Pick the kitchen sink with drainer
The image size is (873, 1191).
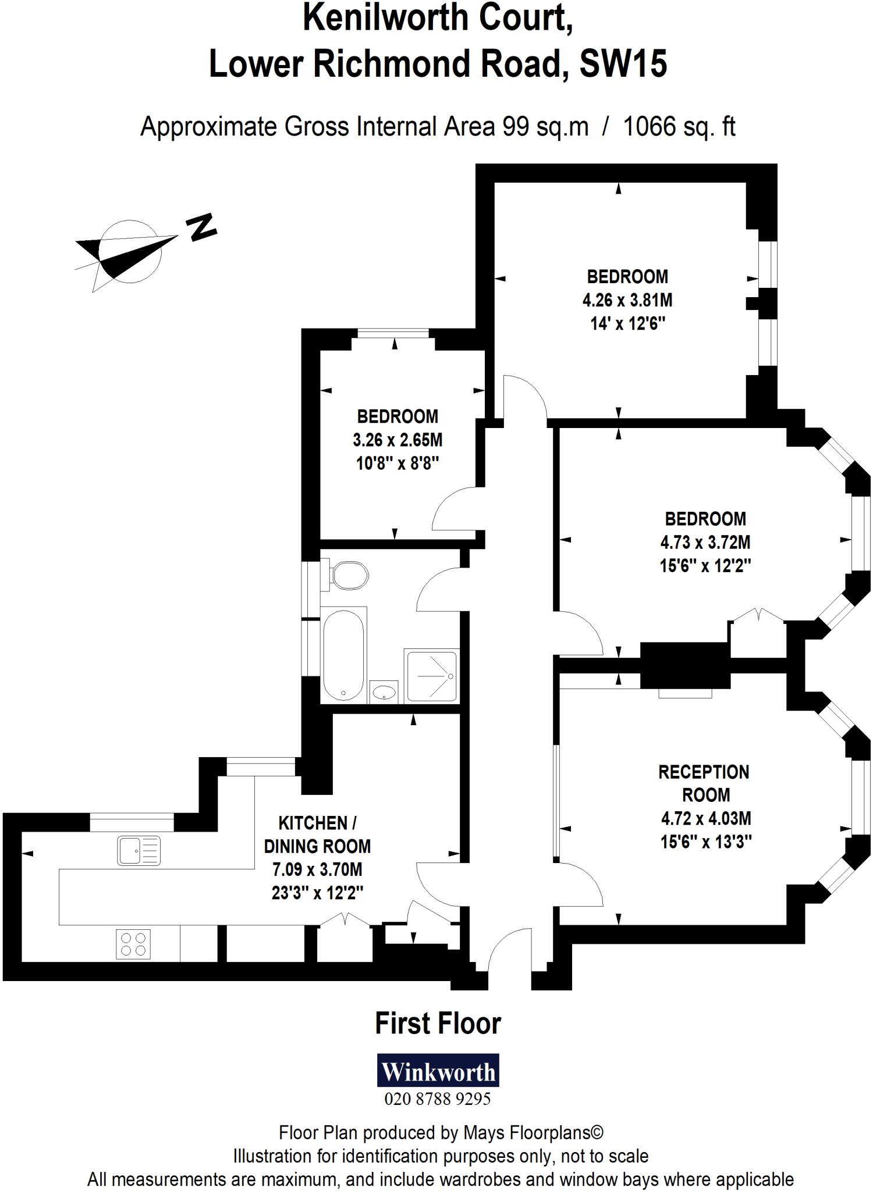(x=139, y=851)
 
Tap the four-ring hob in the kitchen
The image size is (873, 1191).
(x=134, y=944)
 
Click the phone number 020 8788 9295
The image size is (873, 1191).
(x=438, y=1099)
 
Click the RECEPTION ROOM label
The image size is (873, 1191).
(x=704, y=783)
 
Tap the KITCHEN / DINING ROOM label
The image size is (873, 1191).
(x=317, y=835)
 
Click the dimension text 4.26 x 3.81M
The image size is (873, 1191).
(x=627, y=300)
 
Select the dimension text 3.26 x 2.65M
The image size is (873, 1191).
(x=398, y=440)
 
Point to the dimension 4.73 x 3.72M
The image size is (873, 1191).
(x=705, y=543)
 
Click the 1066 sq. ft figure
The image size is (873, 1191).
(x=679, y=127)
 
